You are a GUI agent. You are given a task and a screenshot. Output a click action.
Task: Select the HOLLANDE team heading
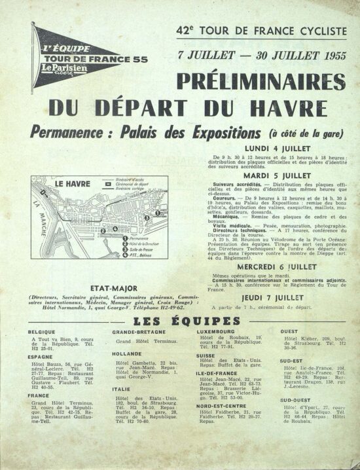coord(129,353)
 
